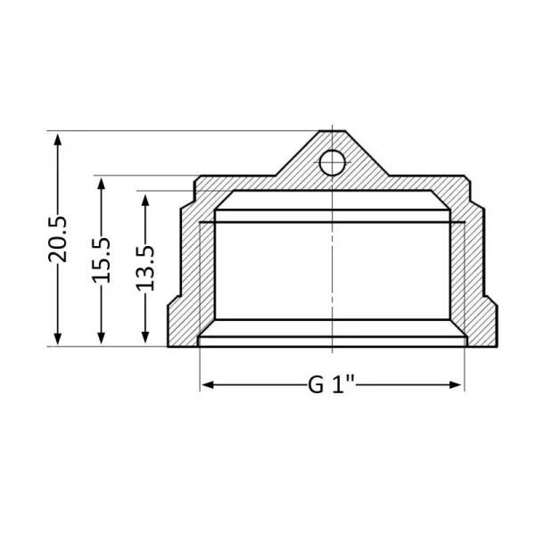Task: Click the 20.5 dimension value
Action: tap(57, 239)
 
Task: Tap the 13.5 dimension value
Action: tap(145, 268)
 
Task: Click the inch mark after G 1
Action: tap(352, 385)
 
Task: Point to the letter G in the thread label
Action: tap(316, 385)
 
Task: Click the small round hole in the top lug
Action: tap(331, 161)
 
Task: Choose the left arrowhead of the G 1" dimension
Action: tap(206, 385)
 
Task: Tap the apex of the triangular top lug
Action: tap(331, 131)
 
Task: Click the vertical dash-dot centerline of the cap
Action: tap(331, 267)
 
